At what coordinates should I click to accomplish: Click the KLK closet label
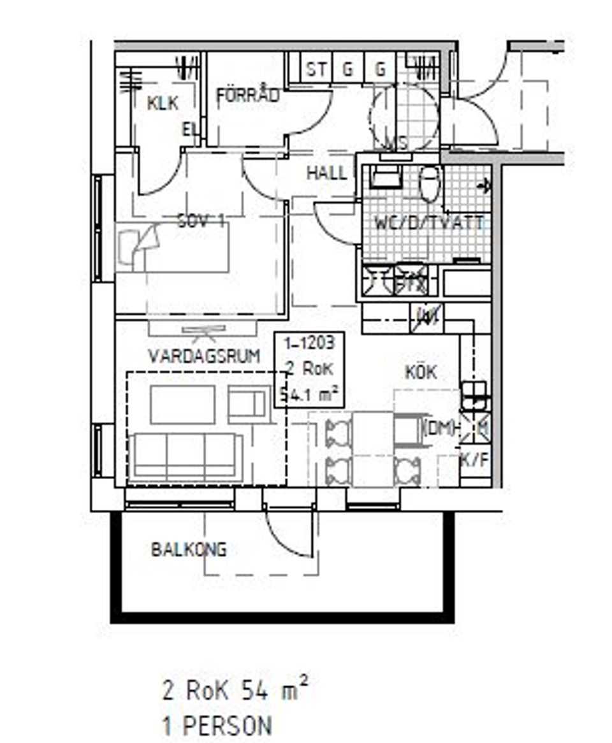162,103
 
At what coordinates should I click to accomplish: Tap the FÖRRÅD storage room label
247,96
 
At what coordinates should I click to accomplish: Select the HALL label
326,173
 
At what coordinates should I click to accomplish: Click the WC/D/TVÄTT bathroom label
428,224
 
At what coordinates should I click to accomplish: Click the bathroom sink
385,177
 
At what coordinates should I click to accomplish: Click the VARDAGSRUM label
203,356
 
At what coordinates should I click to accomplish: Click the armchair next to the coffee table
249,403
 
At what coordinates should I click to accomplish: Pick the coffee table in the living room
182,404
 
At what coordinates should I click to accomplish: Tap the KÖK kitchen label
421,372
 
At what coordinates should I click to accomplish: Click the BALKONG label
189,549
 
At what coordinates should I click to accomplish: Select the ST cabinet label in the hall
315,69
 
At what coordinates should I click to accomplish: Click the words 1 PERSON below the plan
217,726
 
